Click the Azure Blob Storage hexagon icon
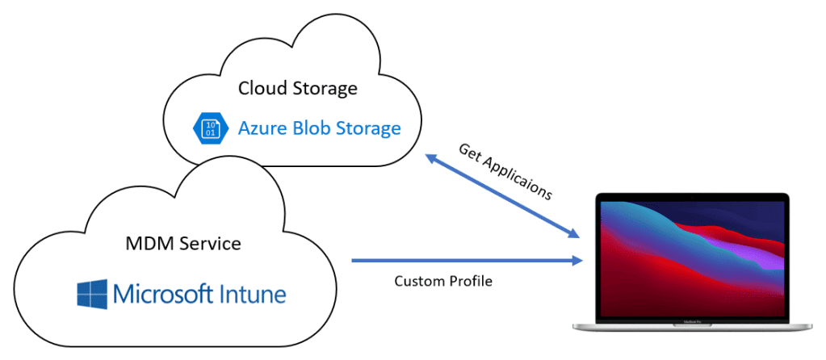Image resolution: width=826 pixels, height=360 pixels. click(x=211, y=128)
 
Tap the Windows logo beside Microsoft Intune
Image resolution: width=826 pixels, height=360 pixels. click(x=92, y=294)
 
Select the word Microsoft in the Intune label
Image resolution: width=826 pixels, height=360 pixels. click(x=155, y=294)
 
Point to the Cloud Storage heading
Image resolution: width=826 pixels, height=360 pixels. click(x=298, y=88)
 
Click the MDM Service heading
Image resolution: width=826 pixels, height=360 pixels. click(x=183, y=244)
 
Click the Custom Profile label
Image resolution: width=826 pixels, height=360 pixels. click(x=443, y=282)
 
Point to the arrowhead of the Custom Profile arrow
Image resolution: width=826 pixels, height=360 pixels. click(x=577, y=260)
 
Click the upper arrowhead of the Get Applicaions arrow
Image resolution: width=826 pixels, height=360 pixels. click(x=431, y=158)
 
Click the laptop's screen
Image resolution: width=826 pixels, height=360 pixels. click(x=693, y=258)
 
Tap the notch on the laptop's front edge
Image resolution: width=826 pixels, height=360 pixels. click(x=693, y=326)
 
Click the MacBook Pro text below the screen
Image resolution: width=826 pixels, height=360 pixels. click(x=693, y=320)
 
